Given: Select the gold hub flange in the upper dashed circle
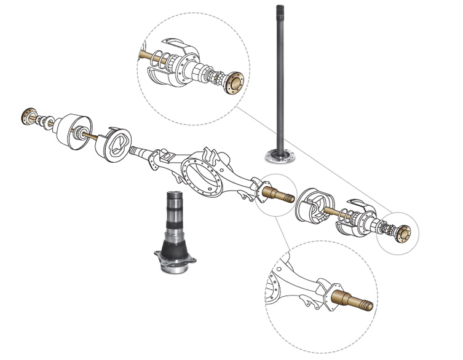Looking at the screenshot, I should tap(234, 81).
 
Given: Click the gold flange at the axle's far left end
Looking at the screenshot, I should tap(28, 114).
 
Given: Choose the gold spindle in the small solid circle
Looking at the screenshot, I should tap(274, 191).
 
